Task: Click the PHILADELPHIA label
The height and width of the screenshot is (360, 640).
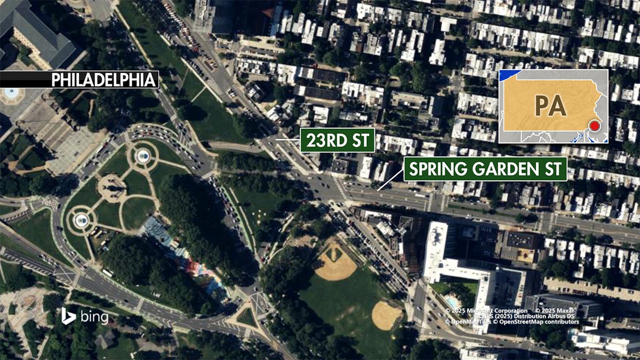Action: click(104, 80)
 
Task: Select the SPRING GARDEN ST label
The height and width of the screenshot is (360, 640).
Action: click(484, 169)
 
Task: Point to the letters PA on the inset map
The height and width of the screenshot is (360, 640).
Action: click(551, 106)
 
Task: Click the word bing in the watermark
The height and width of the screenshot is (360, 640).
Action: click(94, 317)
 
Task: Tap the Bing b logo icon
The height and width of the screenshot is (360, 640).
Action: click(68, 316)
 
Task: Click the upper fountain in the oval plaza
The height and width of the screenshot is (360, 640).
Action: click(142, 156)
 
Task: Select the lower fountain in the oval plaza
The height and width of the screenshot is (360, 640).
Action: click(81, 219)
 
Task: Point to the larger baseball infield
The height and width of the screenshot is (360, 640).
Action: click(334, 261)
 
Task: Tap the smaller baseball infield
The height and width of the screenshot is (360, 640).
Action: click(387, 315)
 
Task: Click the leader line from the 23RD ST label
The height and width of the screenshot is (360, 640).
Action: click(287, 140)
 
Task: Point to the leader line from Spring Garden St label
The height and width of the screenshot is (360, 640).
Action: click(389, 179)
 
